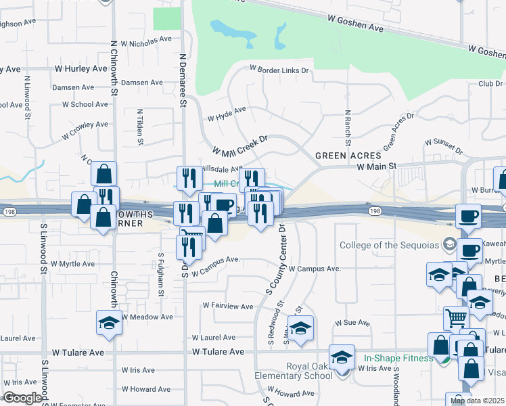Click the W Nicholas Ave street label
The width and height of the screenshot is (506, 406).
tap(147, 42)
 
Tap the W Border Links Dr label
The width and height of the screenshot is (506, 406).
tap(279, 69)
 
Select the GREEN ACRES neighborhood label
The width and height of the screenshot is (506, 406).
tap(349, 156)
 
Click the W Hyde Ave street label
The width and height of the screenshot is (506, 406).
tap(227, 113)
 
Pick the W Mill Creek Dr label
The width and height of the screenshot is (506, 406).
tap(240, 144)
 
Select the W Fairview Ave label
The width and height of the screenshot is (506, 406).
tap(232, 307)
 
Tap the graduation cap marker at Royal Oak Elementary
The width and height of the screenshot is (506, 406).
tap(342, 357)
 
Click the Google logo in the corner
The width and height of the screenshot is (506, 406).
tap(22, 399)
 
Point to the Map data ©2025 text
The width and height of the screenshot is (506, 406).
tap(478, 401)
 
